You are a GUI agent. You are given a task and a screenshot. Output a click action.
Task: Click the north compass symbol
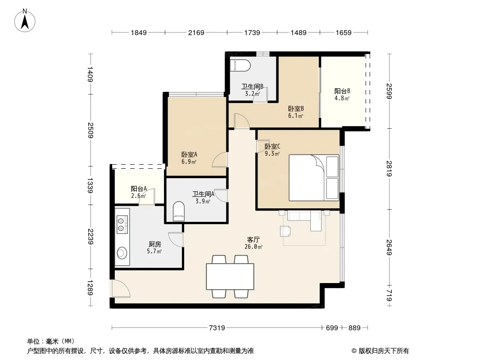click(25, 21)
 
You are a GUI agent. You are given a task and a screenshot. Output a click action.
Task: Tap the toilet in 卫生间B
click(240, 65)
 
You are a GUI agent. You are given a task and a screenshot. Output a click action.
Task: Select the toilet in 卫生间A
click(179, 211)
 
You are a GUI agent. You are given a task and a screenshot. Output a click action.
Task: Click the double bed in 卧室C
click(314, 178)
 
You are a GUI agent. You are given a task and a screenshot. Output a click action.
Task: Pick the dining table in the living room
click(230, 276)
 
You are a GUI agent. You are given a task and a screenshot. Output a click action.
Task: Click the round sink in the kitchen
click(122, 253)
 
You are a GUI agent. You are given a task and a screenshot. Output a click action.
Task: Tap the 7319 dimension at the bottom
click(217, 328)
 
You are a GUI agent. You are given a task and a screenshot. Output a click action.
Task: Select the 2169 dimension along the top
click(196, 32)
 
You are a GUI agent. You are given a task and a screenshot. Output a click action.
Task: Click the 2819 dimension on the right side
click(389, 169)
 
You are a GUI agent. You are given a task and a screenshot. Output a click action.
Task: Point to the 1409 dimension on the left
click(90, 74)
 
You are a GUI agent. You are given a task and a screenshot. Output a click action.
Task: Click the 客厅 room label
click(254, 240)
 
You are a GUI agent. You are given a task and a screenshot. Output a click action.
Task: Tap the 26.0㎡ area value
click(254, 247)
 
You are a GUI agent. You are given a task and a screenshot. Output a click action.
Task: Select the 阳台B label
click(342, 91)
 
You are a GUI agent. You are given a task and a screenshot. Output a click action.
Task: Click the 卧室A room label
click(189, 154)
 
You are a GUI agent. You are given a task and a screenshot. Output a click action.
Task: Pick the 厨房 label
click(154, 244)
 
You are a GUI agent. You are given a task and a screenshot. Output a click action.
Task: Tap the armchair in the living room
click(285, 230)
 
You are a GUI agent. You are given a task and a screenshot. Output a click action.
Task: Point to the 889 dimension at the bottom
click(354, 328)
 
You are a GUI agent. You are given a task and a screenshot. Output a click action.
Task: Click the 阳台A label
click(139, 189)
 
